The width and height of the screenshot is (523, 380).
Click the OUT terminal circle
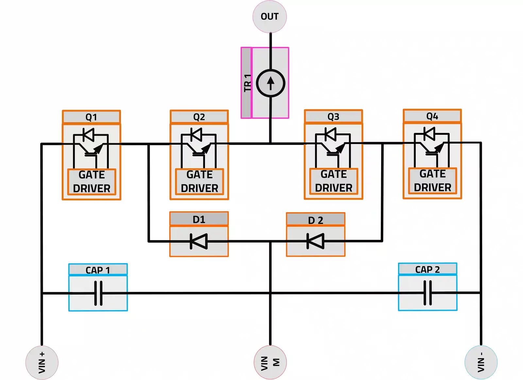click(270, 17)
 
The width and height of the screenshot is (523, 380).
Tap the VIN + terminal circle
click(42, 362)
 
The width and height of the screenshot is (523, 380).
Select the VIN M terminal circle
click(270, 362)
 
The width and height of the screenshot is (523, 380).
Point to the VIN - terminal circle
click(481, 362)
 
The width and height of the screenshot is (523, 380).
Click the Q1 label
click(91, 117)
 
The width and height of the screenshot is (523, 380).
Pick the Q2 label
click(199, 117)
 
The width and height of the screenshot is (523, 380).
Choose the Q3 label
click(333, 117)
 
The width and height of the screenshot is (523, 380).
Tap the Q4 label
click(432, 116)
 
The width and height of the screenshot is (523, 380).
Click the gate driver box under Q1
click(92, 182)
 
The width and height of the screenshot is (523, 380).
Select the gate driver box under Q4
click(432, 181)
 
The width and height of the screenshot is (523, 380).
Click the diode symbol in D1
click(199, 242)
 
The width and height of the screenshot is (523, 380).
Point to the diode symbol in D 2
click(315, 241)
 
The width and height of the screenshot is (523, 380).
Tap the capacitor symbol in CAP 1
click(98, 293)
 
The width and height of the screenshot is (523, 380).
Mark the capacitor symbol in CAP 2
click(428, 293)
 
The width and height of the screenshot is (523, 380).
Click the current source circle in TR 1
click(271, 83)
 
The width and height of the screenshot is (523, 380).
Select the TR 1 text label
click(247, 83)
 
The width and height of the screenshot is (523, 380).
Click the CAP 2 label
click(428, 269)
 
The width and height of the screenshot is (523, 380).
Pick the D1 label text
click(199, 219)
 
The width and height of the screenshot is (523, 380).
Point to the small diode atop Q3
click(330, 134)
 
